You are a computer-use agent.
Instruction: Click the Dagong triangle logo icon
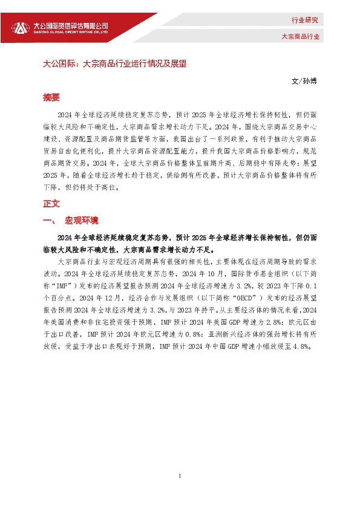[x=21, y=27]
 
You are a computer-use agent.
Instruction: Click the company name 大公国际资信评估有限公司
[x=70, y=25]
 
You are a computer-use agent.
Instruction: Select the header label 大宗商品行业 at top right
[x=300, y=36]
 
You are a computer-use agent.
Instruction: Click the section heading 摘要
[x=52, y=97]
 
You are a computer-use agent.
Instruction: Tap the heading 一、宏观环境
[x=70, y=220]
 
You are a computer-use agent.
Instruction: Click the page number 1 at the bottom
[x=180, y=476]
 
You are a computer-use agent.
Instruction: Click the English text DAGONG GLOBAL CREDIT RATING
[x=70, y=33]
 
